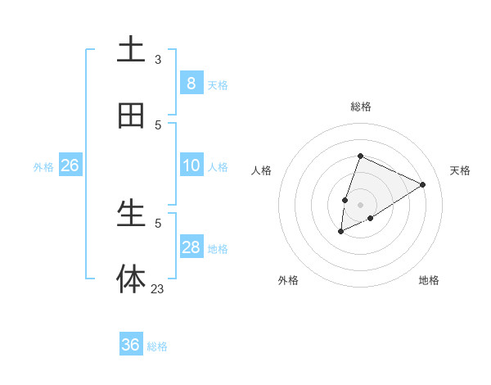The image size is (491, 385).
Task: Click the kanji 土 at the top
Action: point(131,49)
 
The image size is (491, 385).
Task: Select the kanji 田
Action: point(131,116)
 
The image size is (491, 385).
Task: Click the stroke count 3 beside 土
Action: point(158,59)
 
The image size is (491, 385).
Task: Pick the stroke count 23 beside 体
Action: point(158,288)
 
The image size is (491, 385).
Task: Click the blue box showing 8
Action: point(191,83)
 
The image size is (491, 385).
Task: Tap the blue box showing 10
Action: point(191,165)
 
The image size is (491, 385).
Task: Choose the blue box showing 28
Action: point(191,247)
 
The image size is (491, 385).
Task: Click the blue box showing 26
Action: point(70,165)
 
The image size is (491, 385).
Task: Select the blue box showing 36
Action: point(131,345)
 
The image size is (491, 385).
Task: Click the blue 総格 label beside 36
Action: point(157,346)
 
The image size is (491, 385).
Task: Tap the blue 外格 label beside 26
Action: point(43,167)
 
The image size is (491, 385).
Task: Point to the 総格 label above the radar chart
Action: point(360,106)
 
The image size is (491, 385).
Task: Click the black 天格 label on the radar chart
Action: point(460,170)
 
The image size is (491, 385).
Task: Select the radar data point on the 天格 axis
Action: point(423,184)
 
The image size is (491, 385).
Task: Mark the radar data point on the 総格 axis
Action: point(360,156)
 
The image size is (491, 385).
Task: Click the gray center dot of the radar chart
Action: point(360,205)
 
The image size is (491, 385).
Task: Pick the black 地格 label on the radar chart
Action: point(429,280)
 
